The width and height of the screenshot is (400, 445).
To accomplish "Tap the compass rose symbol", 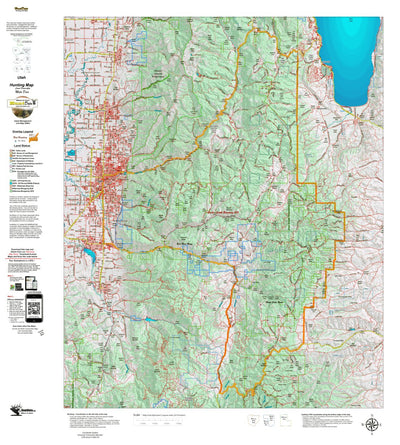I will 372,424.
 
